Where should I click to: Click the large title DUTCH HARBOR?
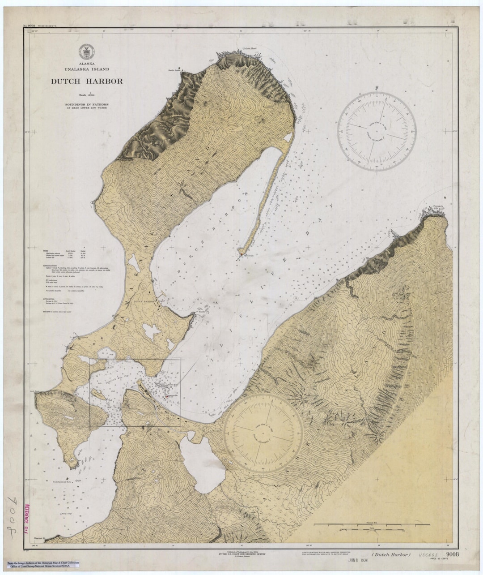click(86, 82)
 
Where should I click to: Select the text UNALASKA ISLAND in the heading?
click(86, 69)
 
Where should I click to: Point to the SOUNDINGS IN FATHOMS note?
click(86, 104)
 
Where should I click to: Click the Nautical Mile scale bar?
click(372, 524)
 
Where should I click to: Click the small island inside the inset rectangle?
click(99, 394)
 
